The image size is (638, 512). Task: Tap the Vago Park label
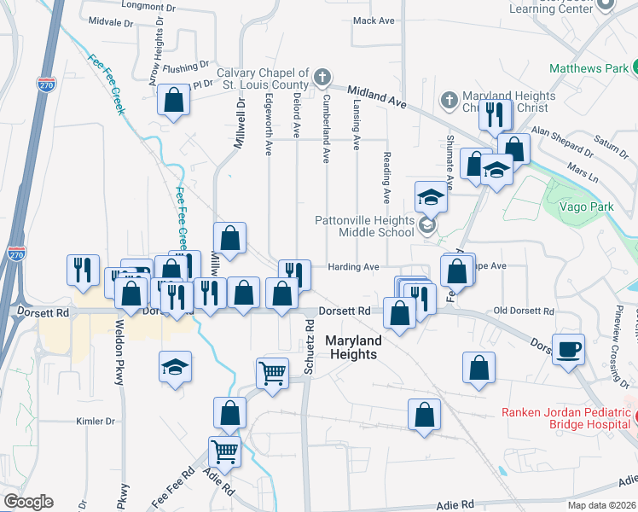pyautogui.click(x=585, y=207)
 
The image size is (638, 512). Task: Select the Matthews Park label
pyautogui.click(x=589, y=68)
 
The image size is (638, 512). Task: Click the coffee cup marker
pyautogui.click(x=568, y=349)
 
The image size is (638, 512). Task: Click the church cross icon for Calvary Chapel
pyautogui.click(x=322, y=78)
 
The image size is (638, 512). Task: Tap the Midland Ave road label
pyautogui.click(x=374, y=95)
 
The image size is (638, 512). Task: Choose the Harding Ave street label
pyautogui.click(x=354, y=267)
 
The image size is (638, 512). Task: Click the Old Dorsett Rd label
pyautogui.click(x=524, y=311)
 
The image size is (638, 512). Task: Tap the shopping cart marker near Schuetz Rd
pyautogui.click(x=272, y=371)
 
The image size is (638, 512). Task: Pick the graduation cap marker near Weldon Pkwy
pyautogui.click(x=176, y=367)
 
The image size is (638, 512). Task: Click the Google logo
pyautogui.click(x=28, y=502)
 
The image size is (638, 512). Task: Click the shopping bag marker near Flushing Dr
pyautogui.click(x=174, y=100)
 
